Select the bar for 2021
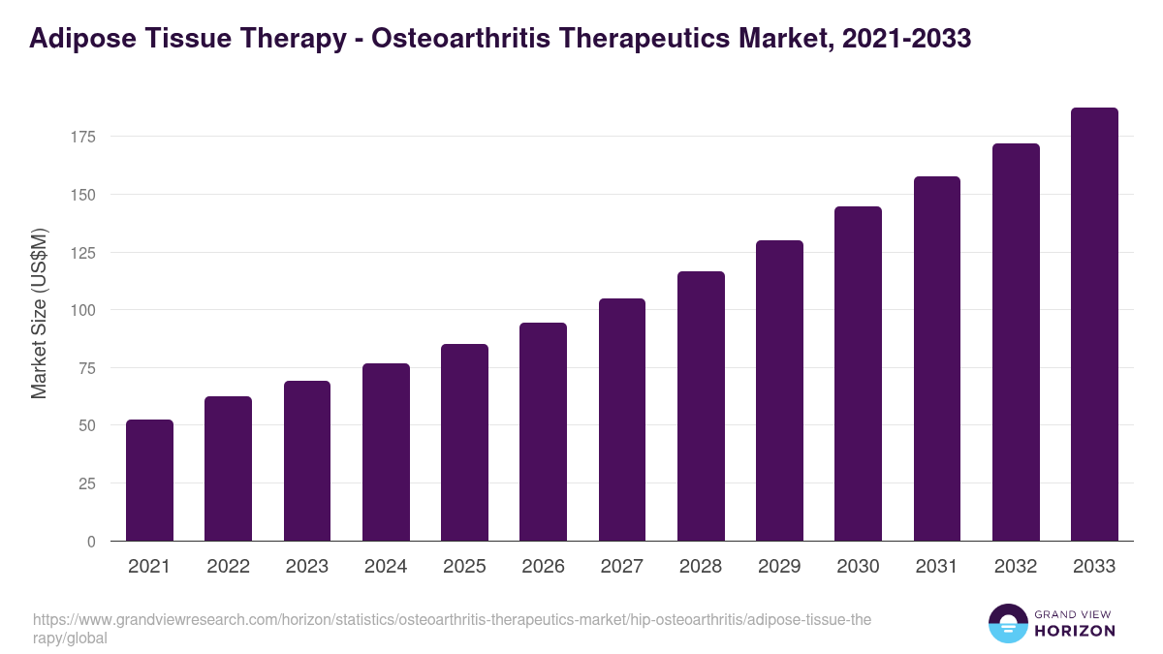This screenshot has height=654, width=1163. click(x=149, y=481)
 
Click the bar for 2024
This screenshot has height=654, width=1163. click(x=386, y=452)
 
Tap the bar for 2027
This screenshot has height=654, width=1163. click(x=622, y=420)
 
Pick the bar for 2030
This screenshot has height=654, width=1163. click(x=858, y=374)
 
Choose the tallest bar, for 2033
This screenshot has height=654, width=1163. click(x=1094, y=325)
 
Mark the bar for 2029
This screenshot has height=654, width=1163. click(x=779, y=390)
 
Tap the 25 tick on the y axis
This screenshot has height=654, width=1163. click(x=86, y=483)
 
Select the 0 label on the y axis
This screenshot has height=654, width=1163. click(x=91, y=542)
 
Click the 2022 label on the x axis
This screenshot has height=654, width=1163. click(x=228, y=567)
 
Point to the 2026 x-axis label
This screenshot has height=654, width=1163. click(x=543, y=567)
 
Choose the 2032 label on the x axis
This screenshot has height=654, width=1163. click(x=1016, y=567)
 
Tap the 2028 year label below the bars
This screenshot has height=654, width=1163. click(x=701, y=567)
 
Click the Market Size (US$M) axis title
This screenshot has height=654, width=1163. click(x=39, y=313)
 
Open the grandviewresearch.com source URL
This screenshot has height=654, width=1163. click(x=452, y=629)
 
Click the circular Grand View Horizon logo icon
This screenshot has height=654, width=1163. click(x=1007, y=623)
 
